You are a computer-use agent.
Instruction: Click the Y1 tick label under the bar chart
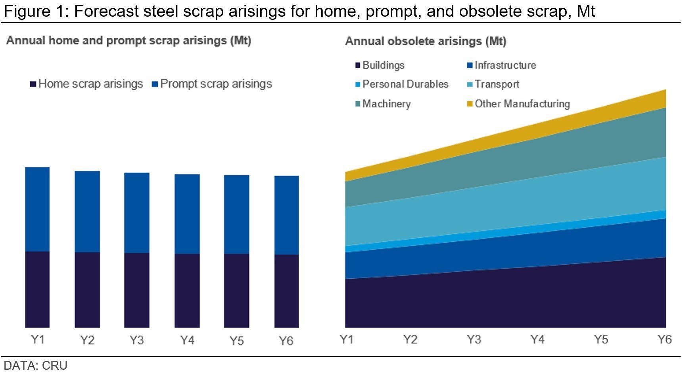pyautogui.click(x=37, y=340)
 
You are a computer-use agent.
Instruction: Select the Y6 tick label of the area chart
pyautogui.click(x=664, y=339)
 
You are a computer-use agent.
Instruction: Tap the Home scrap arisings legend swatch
pyautogui.click(x=33, y=84)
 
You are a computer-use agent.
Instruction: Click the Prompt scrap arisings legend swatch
pyautogui.click(x=155, y=84)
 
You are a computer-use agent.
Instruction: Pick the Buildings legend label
pyautogui.click(x=383, y=65)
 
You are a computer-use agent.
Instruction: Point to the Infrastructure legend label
pyautogui.click(x=505, y=65)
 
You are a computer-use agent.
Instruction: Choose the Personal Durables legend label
pyautogui.click(x=405, y=84)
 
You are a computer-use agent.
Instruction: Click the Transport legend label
pyautogui.click(x=497, y=84)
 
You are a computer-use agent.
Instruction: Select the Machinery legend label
pyautogui.click(x=386, y=104)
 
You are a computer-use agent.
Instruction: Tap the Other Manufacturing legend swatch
pyautogui.click(x=470, y=104)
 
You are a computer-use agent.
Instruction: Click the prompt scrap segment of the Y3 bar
pyautogui.click(x=137, y=213)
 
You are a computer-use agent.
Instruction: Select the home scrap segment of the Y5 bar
pyautogui.click(x=237, y=291)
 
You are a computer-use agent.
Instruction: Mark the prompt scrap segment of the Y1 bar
pyautogui.click(x=37, y=209)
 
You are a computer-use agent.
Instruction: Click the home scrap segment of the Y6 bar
pyautogui.click(x=286, y=291)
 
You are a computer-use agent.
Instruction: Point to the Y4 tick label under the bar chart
pyautogui.click(x=187, y=340)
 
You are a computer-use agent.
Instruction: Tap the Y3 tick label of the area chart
pyautogui.click(x=474, y=339)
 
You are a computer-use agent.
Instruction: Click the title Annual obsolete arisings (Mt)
pyautogui.click(x=426, y=41)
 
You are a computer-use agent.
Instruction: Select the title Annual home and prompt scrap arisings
pyautogui.click(x=129, y=40)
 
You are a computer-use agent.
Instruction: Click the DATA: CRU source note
pyautogui.click(x=36, y=365)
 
